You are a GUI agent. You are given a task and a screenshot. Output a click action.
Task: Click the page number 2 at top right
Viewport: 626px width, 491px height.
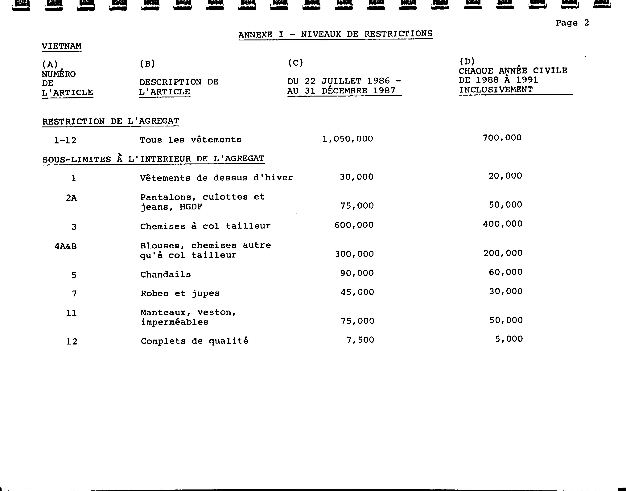point(586,23)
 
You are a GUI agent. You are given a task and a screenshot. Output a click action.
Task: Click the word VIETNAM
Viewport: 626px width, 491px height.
point(61,46)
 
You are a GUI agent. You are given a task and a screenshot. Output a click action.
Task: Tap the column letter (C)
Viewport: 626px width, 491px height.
point(295,63)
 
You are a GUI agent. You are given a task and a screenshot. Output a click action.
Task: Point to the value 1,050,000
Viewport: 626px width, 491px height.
point(348,139)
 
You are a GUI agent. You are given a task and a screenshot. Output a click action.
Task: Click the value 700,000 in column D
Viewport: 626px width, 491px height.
point(502,138)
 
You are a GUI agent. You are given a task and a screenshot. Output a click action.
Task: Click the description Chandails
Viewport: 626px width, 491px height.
point(166,274)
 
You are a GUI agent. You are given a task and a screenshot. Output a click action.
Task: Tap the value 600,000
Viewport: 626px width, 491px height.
point(354,225)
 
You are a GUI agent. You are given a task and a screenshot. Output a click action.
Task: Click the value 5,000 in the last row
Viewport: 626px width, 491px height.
point(509,339)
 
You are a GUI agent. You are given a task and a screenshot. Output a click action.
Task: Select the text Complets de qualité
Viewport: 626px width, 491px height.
point(195,341)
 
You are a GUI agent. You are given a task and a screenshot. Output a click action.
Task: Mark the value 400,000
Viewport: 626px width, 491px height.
point(502,224)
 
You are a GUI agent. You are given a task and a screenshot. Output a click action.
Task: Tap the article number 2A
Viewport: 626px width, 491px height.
point(71,198)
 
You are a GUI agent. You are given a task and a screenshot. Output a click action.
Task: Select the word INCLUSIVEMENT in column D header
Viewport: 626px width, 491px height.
point(496,90)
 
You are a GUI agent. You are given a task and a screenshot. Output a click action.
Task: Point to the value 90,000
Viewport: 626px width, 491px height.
point(357,273)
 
